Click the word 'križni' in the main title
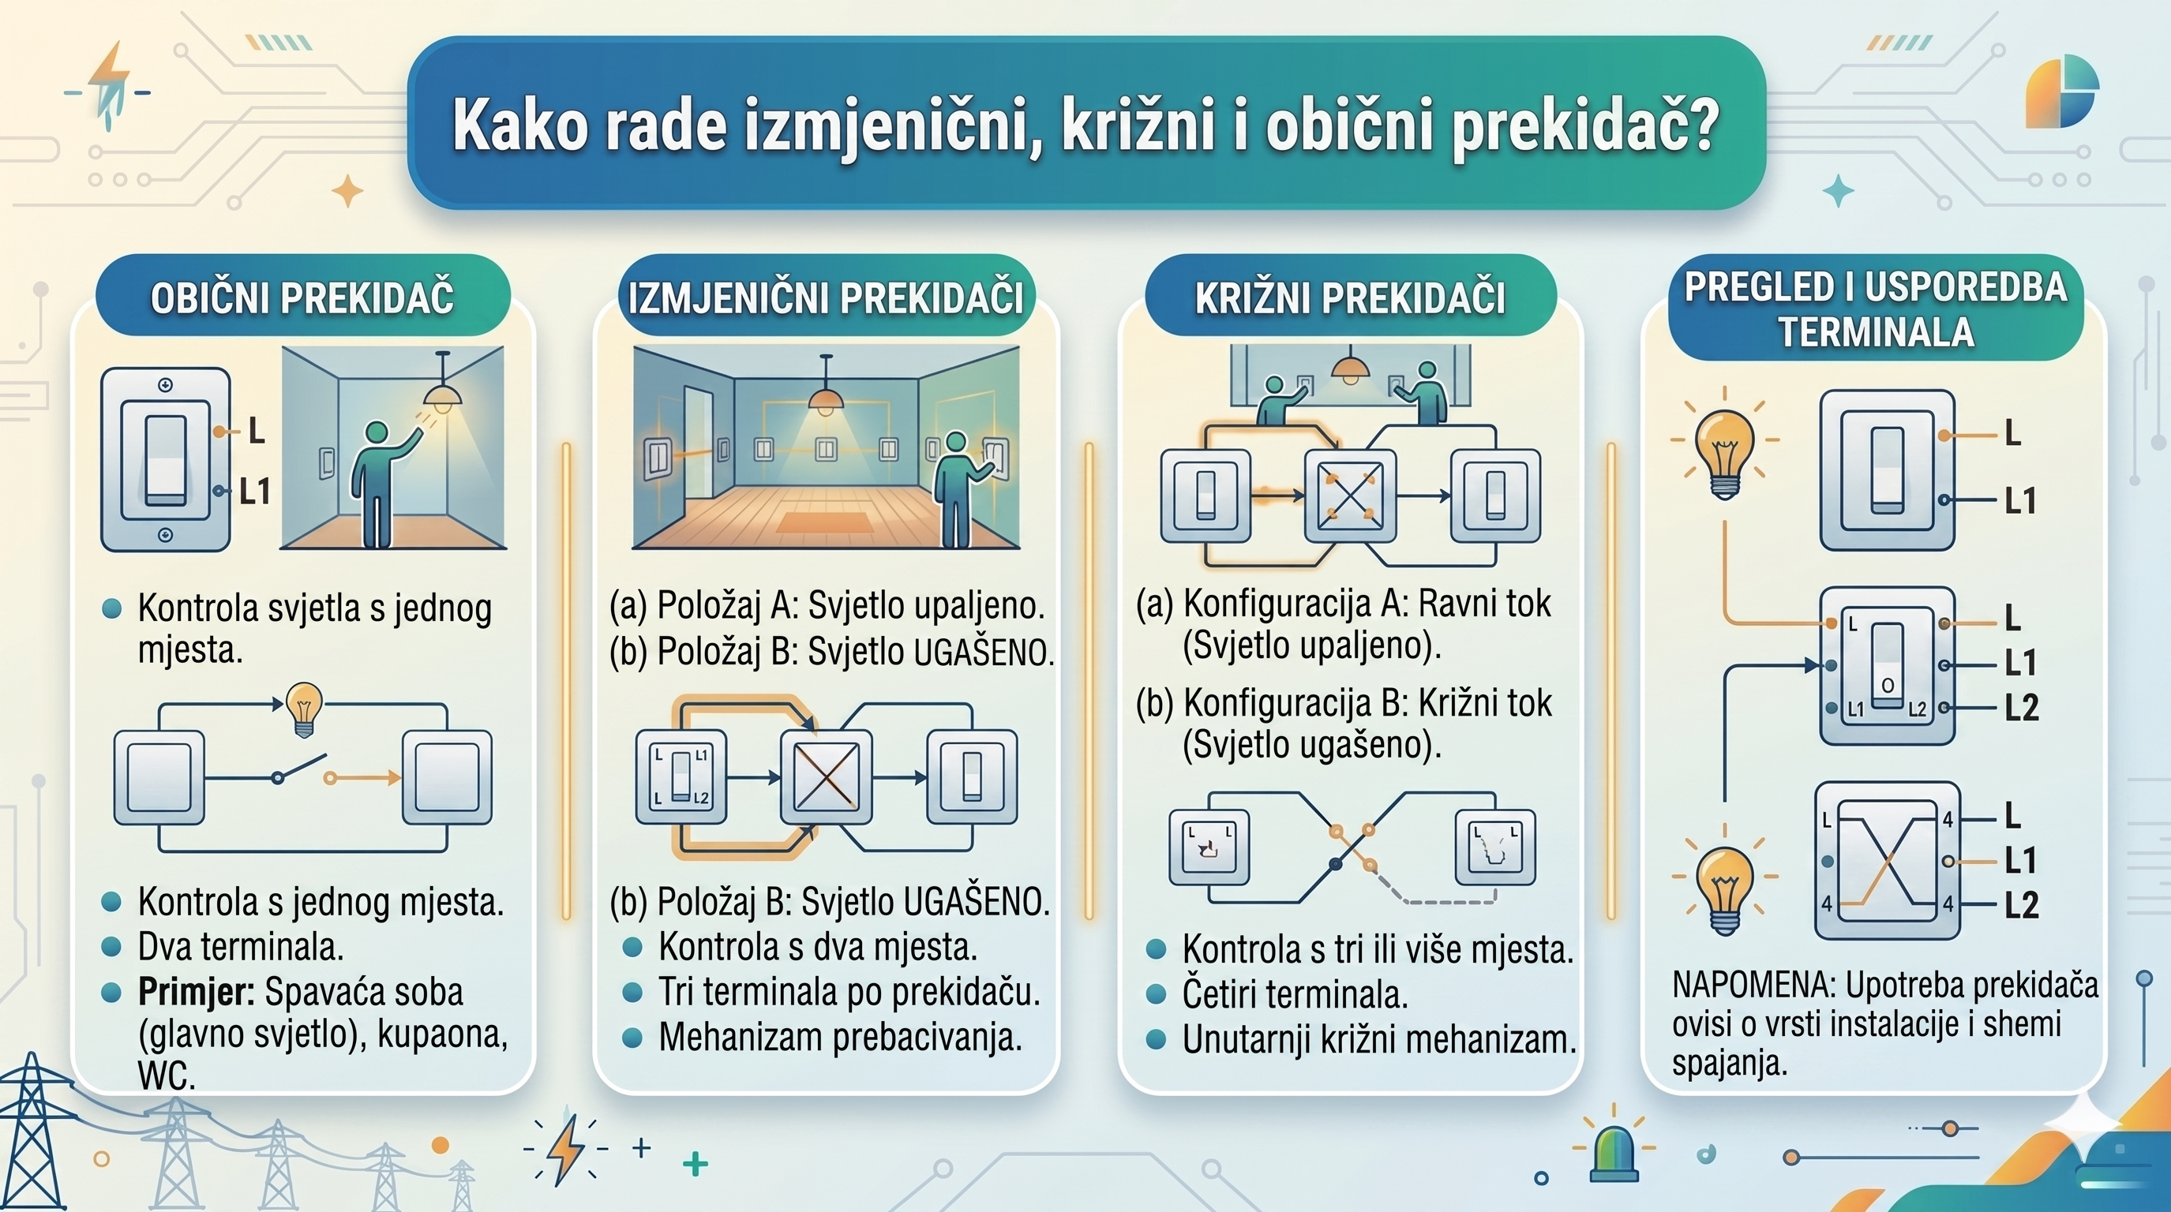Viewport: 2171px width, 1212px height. (1138, 126)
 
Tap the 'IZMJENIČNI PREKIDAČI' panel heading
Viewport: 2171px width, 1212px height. (826, 297)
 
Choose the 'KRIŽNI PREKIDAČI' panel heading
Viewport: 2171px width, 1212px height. (1349, 297)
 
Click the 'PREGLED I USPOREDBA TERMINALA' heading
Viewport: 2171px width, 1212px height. (1875, 309)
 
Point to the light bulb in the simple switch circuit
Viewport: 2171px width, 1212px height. (304, 705)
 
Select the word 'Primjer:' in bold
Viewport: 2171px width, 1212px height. (197, 992)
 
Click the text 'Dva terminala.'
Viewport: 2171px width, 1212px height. (240, 948)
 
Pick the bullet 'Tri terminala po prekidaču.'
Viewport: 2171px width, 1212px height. (849, 992)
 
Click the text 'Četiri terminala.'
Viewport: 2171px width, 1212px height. (1295, 995)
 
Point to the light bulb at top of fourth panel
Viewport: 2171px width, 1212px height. (1724, 448)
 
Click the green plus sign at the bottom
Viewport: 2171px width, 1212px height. (696, 1165)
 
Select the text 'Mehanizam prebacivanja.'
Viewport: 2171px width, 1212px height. (839, 1037)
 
